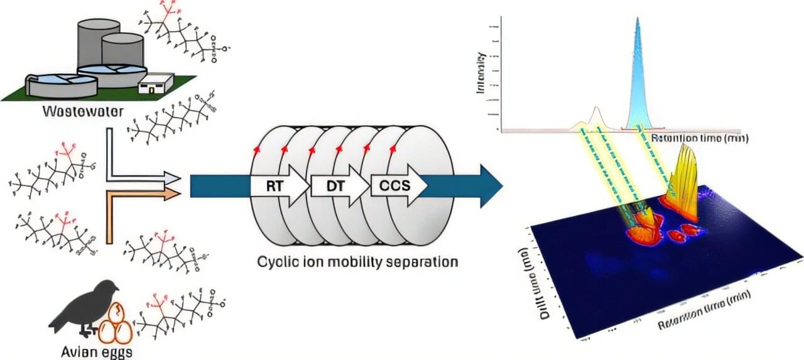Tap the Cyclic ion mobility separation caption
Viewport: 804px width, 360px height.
tap(357, 261)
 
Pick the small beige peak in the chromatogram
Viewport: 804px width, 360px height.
tap(595, 118)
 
